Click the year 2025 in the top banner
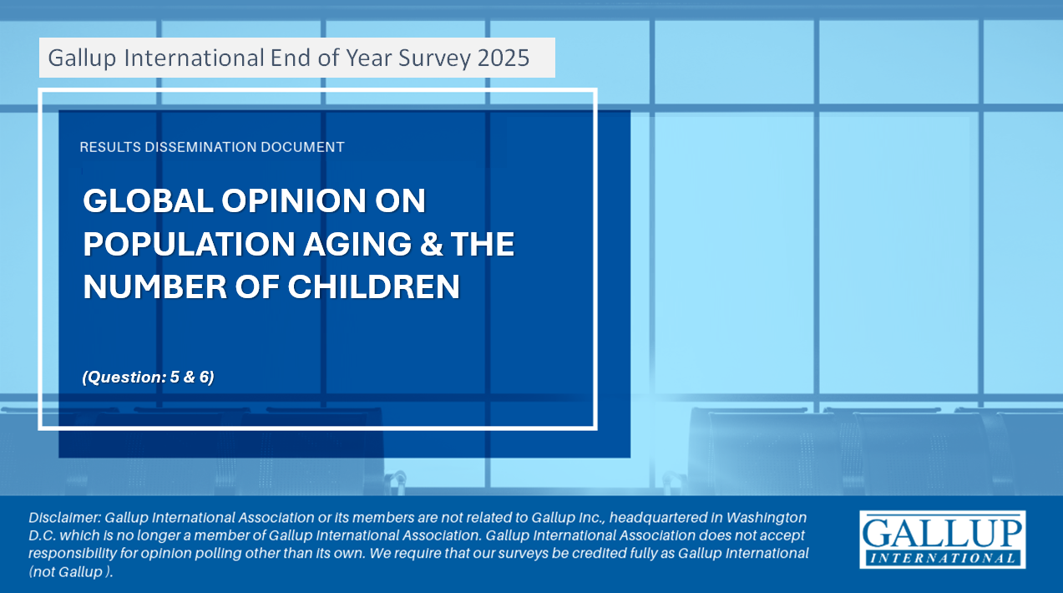coord(504,58)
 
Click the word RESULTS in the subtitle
coord(110,147)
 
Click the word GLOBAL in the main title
coord(148,200)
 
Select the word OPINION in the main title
coord(293,200)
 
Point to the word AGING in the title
coord(357,244)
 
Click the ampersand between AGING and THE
coord(431,244)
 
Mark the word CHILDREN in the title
coord(373,286)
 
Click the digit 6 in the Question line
coord(205,377)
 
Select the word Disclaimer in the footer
coord(65,518)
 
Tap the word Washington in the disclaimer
coord(767,518)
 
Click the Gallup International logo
coord(943,540)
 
